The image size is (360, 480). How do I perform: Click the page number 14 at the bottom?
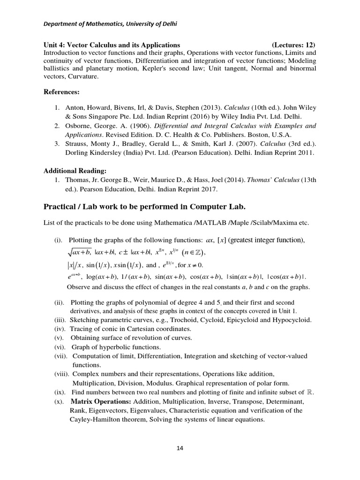tap(180, 448)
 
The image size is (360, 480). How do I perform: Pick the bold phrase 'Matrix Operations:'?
tap(101, 402)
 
